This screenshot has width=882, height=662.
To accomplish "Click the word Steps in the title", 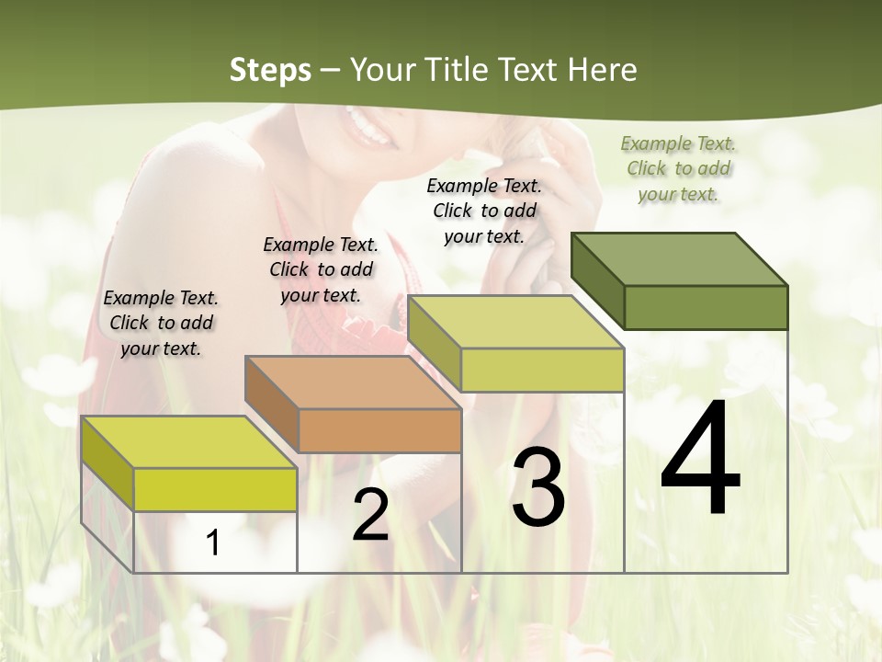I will click(x=270, y=70).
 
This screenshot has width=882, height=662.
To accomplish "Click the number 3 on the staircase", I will click(x=538, y=487).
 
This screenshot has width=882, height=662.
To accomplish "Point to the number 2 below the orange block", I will click(x=370, y=515).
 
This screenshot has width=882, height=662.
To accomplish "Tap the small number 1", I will click(x=213, y=542).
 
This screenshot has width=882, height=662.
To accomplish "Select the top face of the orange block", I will click(x=353, y=382).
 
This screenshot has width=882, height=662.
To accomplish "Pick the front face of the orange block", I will click(x=380, y=430).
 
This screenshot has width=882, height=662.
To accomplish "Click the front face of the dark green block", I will click(x=706, y=307).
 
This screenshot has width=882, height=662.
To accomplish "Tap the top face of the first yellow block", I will click(x=189, y=442).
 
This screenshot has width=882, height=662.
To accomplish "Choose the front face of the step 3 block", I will click(x=542, y=370).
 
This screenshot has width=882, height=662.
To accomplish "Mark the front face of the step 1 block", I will click(x=215, y=489).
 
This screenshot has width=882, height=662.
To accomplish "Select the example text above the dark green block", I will click(x=678, y=168).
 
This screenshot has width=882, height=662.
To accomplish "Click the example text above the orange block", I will click(x=321, y=269).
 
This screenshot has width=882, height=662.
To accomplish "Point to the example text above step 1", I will click(x=161, y=323).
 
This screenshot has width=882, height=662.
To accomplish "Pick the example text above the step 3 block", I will click(x=484, y=211).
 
